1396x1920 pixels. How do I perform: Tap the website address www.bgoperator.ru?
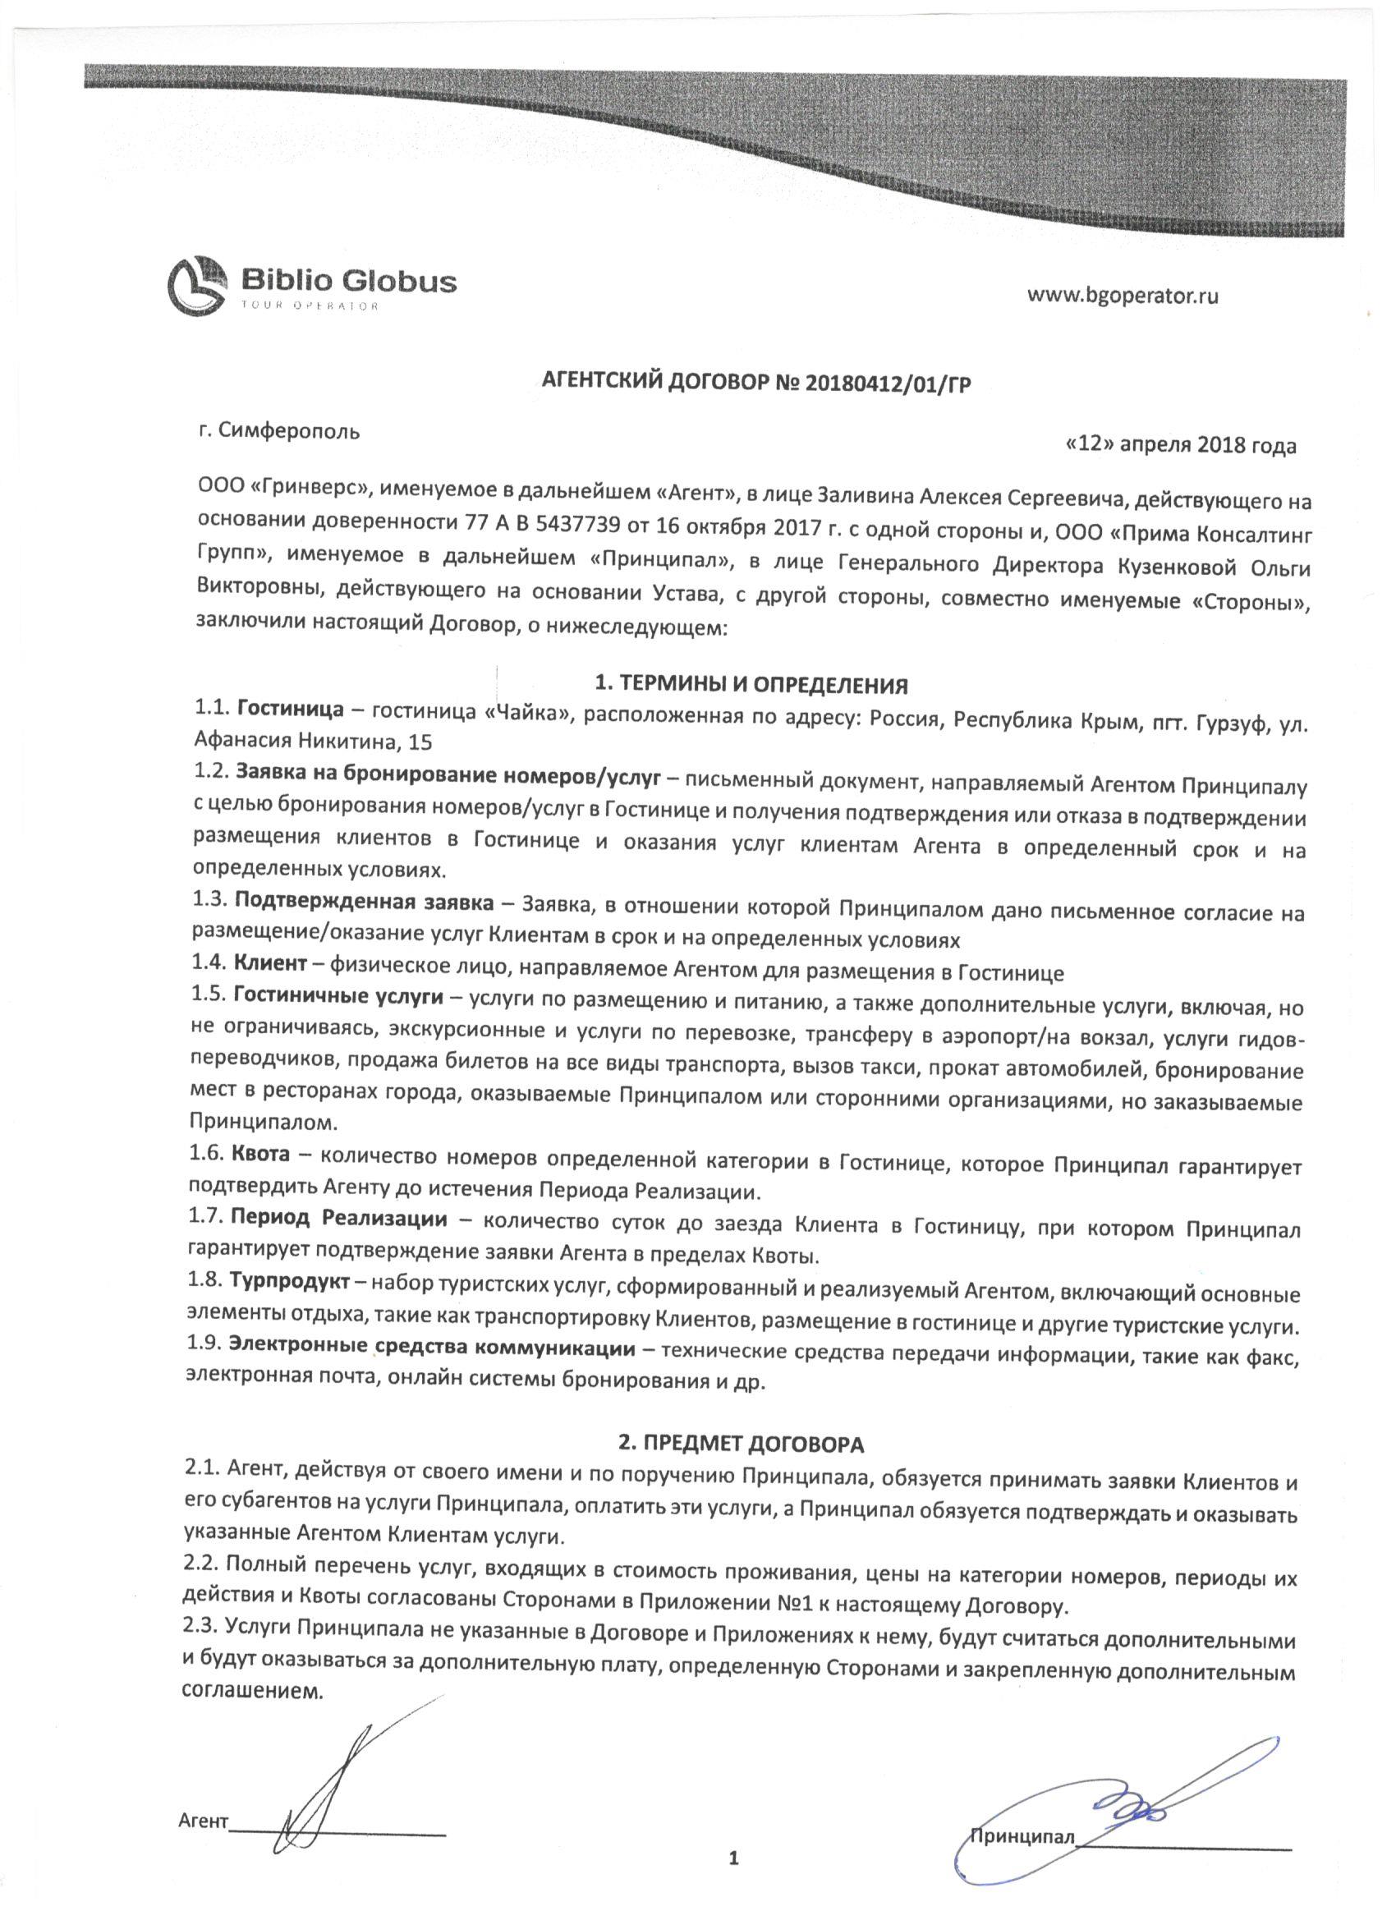(x=1123, y=296)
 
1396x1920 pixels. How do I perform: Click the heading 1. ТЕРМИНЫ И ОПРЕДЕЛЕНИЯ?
(x=751, y=684)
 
